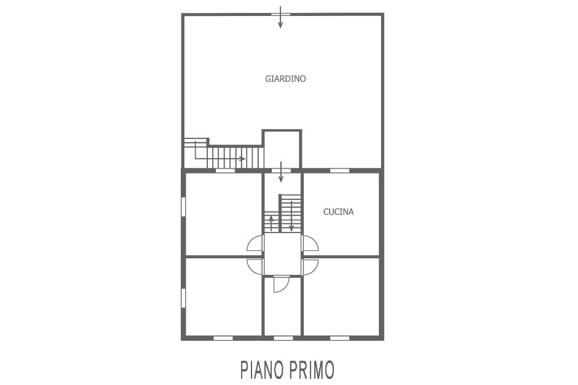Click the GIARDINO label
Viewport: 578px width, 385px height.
pyautogui.click(x=285, y=79)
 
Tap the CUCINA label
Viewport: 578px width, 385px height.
pyautogui.click(x=338, y=212)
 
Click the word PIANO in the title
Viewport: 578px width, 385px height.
pyautogui.click(x=262, y=370)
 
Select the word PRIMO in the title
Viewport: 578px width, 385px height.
pyautogui.click(x=312, y=370)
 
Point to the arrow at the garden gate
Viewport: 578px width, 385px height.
pyautogui.click(x=280, y=17)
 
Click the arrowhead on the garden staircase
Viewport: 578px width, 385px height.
pyautogui.click(x=242, y=159)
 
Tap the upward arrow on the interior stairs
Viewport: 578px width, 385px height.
pyautogui.click(x=271, y=223)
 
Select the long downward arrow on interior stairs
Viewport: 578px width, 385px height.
pyautogui.click(x=291, y=216)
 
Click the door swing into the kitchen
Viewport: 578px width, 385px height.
pyautogui.click(x=310, y=244)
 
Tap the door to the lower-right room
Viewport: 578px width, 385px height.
pyautogui.click(x=310, y=267)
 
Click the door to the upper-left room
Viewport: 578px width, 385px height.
pyautogui.click(x=255, y=244)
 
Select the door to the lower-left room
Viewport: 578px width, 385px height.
pyautogui.click(x=255, y=267)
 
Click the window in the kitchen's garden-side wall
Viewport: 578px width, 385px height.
pyautogui.click(x=339, y=170)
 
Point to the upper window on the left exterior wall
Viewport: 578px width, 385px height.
pyautogui.click(x=183, y=206)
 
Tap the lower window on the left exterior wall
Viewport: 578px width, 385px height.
pyautogui.click(x=183, y=298)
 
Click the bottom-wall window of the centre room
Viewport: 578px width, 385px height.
pyautogui.click(x=283, y=338)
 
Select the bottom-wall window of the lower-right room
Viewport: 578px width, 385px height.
pyautogui.click(x=339, y=338)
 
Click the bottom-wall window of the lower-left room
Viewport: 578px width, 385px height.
pyautogui.click(x=223, y=338)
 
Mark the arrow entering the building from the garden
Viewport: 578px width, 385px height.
pyautogui.click(x=281, y=172)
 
